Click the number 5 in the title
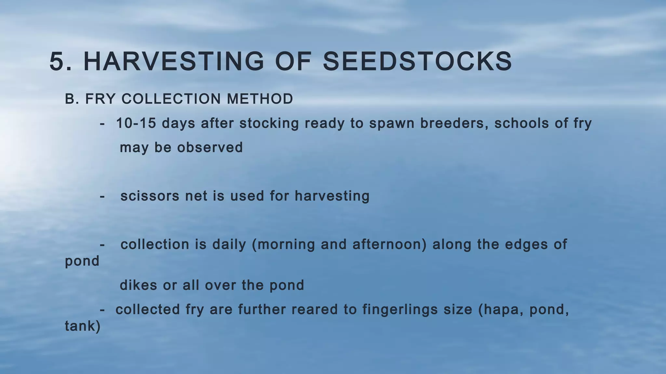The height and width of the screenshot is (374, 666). pyautogui.click(x=58, y=61)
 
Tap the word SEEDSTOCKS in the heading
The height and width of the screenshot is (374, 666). pyautogui.click(x=417, y=61)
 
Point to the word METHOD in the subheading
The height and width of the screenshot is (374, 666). pyautogui.click(x=260, y=99)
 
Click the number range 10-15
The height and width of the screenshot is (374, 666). pyautogui.click(x=136, y=123)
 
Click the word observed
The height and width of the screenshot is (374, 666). pyautogui.click(x=210, y=147)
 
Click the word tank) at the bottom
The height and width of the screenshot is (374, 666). pyautogui.click(x=83, y=326)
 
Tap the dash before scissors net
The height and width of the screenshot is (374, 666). pyautogui.click(x=102, y=196)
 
